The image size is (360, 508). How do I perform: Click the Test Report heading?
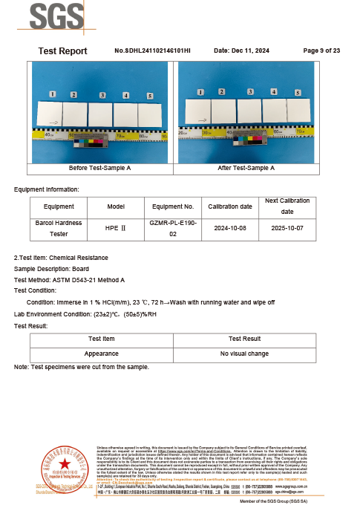62,51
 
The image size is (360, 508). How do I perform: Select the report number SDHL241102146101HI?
153,51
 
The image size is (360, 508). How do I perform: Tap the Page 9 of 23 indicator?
321,51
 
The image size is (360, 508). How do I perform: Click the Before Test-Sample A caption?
99,168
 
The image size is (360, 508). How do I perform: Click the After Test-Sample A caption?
246,168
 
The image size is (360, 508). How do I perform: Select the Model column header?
116,206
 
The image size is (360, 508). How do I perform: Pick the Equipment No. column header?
173,206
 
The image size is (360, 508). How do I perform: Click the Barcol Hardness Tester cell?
59,228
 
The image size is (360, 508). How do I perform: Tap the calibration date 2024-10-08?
229,228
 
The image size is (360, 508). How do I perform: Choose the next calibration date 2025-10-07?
287,228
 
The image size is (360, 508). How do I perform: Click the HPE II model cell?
116,228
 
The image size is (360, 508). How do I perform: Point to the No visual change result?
245,354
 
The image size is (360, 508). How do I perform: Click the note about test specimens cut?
82,367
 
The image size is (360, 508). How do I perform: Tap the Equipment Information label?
46,189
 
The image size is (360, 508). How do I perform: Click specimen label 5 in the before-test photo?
150,97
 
